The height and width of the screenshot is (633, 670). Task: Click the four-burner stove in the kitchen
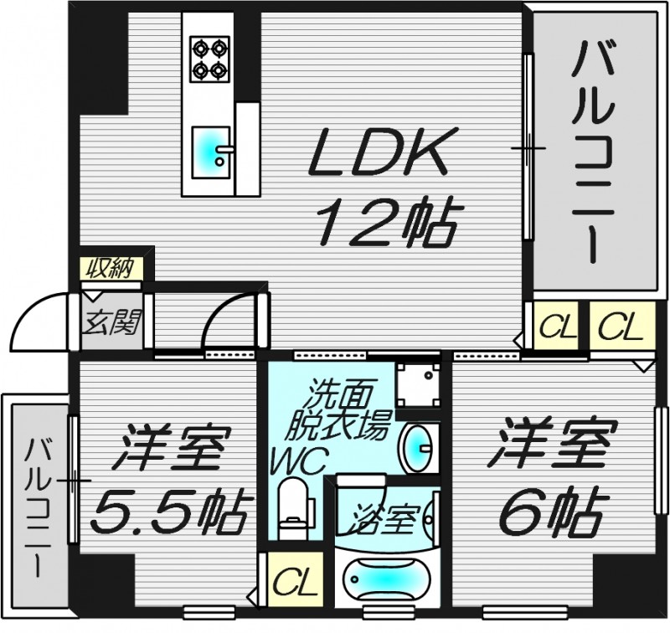(x=209, y=58)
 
